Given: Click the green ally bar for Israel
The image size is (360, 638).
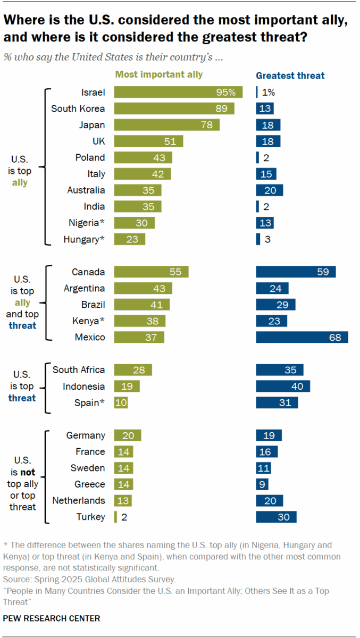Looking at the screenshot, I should (x=178, y=92).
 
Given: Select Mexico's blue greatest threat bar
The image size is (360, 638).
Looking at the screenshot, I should (x=302, y=337).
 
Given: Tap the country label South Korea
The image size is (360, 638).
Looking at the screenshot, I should (x=78, y=108).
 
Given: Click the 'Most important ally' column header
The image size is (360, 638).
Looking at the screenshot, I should (x=159, y=75).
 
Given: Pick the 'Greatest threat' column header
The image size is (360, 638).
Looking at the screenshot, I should (x=290, y=75).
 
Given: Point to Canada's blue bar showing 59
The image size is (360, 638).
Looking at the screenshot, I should (x=296, y=272).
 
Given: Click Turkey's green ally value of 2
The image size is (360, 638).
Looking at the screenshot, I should (x=123, y=517).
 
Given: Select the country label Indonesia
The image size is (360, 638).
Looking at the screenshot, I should (x=83, y=387).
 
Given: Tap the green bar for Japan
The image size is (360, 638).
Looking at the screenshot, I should (x=166, y=125).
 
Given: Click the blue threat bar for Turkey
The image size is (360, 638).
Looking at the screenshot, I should (x=276, y=517).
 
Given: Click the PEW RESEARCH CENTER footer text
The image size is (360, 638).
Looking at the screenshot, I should (x=52, y=618).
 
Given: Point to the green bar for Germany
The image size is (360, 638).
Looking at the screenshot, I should (x=128, y=435).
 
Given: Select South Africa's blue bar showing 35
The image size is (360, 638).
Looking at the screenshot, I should (x=280, y=370).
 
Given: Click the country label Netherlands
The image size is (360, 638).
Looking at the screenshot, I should (x=78, y=501).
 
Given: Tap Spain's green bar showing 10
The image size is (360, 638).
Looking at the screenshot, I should (x=121, y=402).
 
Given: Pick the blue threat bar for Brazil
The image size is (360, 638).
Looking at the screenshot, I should (x=275, y=305).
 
